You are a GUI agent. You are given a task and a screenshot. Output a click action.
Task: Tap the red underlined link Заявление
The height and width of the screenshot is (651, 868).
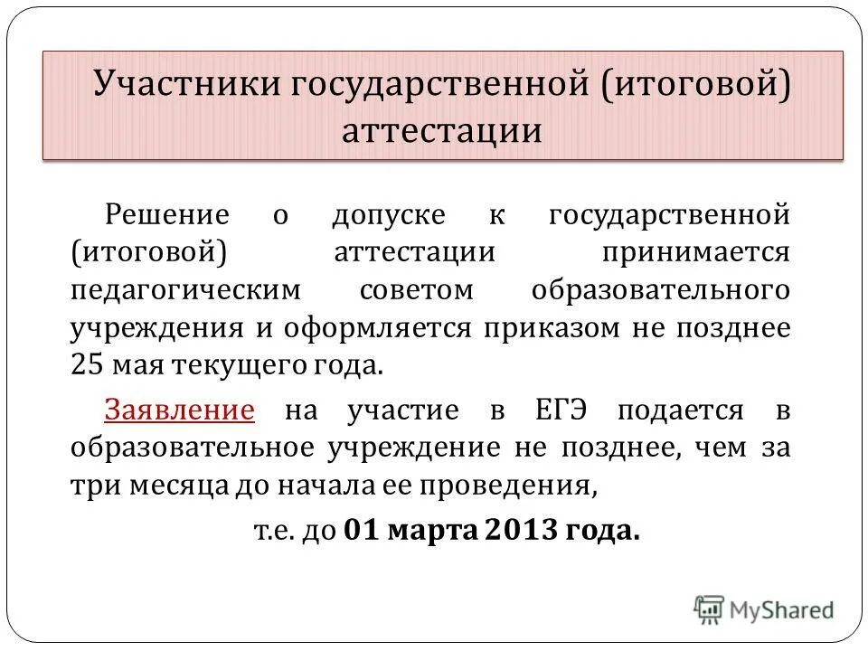(x=179, y=410)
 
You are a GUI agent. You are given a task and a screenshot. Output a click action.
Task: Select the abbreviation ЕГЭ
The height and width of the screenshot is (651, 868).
(x=560, y=410)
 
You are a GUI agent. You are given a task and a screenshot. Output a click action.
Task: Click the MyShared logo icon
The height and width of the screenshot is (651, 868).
(x=710, y=609)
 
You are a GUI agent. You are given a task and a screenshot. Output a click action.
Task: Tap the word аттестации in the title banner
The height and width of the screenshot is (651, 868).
(x=442, y=132)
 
